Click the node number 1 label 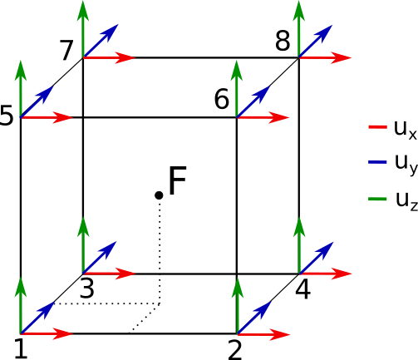pos(21,349)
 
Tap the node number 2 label pos(235,350)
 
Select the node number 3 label pos(87,288)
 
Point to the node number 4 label pos(303,290)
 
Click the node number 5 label pos(6,116)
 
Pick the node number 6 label pos(222,98)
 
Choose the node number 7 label pos(66,50)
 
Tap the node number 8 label pos(283,41)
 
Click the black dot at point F pos(159,195)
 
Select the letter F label pos(177,180)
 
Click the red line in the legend pos(377,127)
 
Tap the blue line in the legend pos(377,162)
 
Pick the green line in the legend pos(377,199)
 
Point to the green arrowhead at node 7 pos(83,11)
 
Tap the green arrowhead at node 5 pos(21,71)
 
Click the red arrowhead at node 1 pos(62,333)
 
